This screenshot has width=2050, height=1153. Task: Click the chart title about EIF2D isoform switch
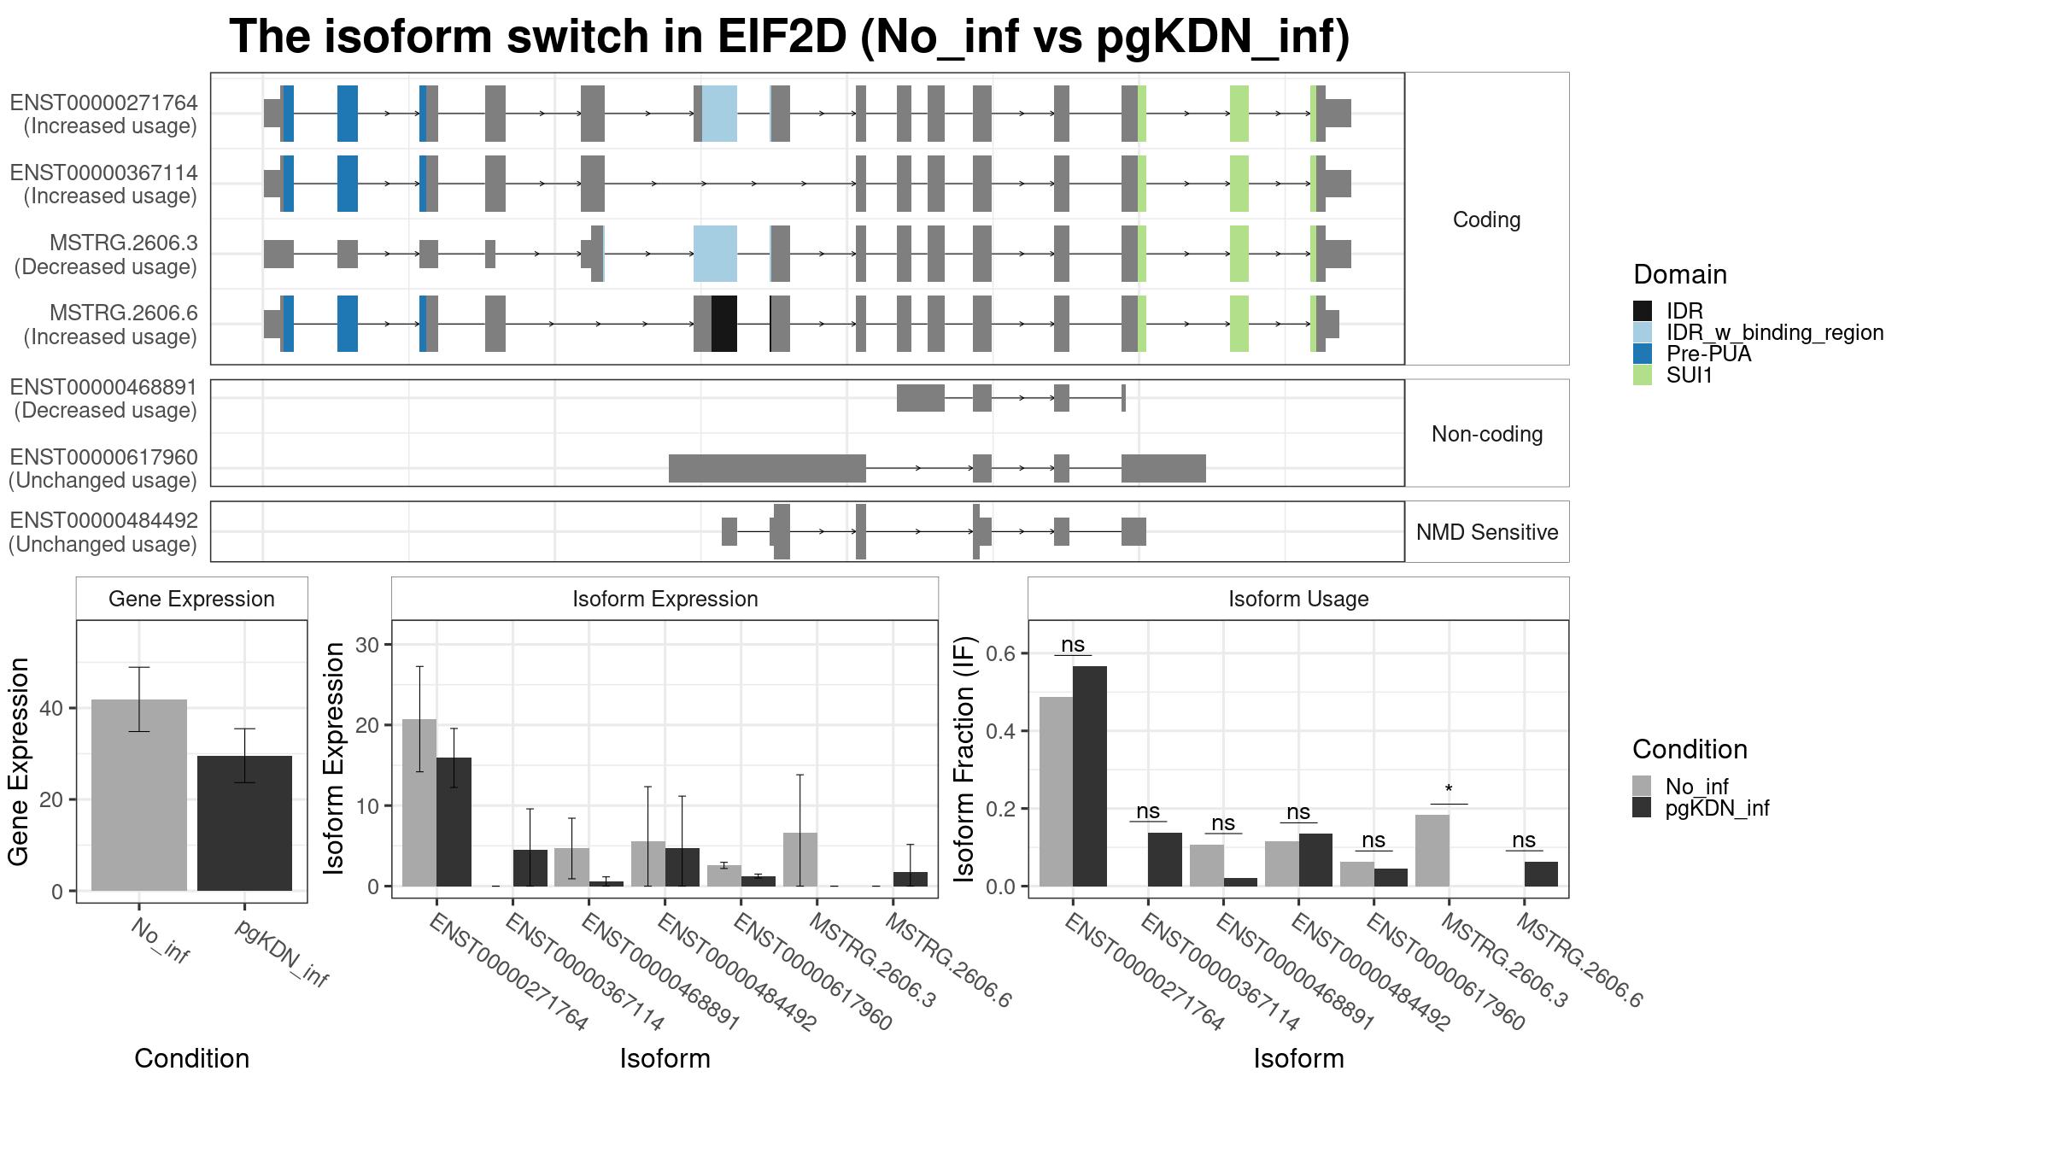788,38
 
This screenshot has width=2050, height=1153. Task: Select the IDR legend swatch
1642,311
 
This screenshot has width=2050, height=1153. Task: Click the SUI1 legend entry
1689,375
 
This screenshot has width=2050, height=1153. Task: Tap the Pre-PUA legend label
1708,354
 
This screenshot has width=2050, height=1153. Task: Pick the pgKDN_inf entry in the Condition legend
1717,808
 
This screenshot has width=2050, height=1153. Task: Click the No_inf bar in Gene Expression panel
138,794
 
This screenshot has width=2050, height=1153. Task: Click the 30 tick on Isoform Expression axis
367,645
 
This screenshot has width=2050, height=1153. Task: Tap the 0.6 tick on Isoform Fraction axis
1000,653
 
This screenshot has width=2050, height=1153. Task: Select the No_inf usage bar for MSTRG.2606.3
1432,850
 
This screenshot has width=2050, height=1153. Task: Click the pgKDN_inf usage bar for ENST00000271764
1090,775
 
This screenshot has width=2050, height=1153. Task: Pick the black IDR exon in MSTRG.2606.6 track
724,324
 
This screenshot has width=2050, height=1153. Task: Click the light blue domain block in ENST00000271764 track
719,114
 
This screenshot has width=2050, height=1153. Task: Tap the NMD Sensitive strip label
1487,532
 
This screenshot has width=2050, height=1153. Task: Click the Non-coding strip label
1487,434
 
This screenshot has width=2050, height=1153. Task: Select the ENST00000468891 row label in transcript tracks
104,399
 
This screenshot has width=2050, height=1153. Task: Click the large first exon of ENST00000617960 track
767,468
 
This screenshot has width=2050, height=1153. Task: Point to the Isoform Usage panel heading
1298,599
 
